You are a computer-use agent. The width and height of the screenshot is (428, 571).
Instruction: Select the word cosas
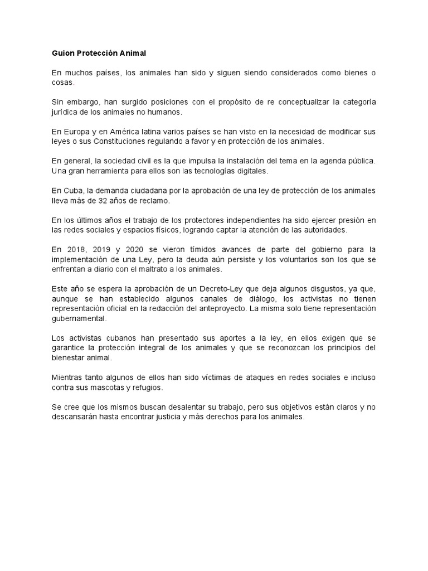[x=62, y=83]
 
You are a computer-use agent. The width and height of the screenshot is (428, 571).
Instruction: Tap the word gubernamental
[x=77, y=318]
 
